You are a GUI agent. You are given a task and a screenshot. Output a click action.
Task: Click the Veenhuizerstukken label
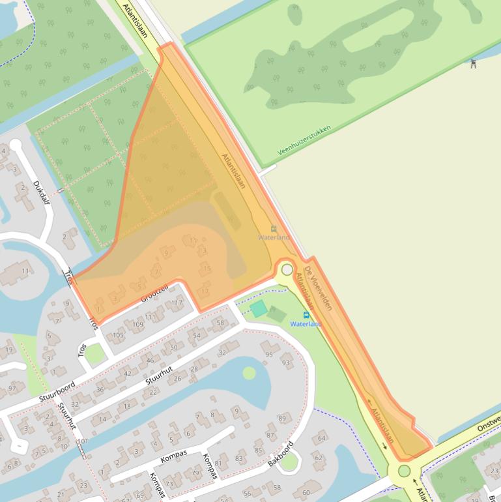pyautogui.click(x=304, y=140)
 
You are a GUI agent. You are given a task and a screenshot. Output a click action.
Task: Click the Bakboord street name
pyautogui.click(x=281, y=454)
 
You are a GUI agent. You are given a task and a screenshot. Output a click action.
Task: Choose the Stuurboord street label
pyautogui.click(x=57, y=391)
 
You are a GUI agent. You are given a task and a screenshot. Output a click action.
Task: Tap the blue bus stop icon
pyautogui.click(x=306, y=315)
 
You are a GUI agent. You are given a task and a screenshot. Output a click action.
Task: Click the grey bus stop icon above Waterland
pyautogui.click(x=274, y=229)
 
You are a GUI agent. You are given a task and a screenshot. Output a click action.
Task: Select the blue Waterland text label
pyautogui.click(x=306, y=324)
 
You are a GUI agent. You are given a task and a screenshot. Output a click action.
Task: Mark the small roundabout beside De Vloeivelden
pyautogui.click(x=287, y=269)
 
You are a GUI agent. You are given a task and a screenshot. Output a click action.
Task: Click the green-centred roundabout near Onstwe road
pyautogui.click(x=405, y=471)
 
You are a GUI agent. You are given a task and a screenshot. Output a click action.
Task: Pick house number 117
pyautogui.click(x=177, y=303)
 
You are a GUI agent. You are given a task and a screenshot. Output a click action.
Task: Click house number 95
pyautogui.click(x=269, y=355)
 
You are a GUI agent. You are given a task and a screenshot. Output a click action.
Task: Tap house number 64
pyautogui.click(x=321, y=439)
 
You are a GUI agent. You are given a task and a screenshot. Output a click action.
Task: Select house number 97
pyautogui.click(x=12, y=389)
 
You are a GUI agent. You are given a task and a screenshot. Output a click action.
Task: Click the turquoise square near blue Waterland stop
pyautogui.click(x=259, y=308)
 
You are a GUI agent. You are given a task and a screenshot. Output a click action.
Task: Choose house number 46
pyautogui.click(x=150, y=360)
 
